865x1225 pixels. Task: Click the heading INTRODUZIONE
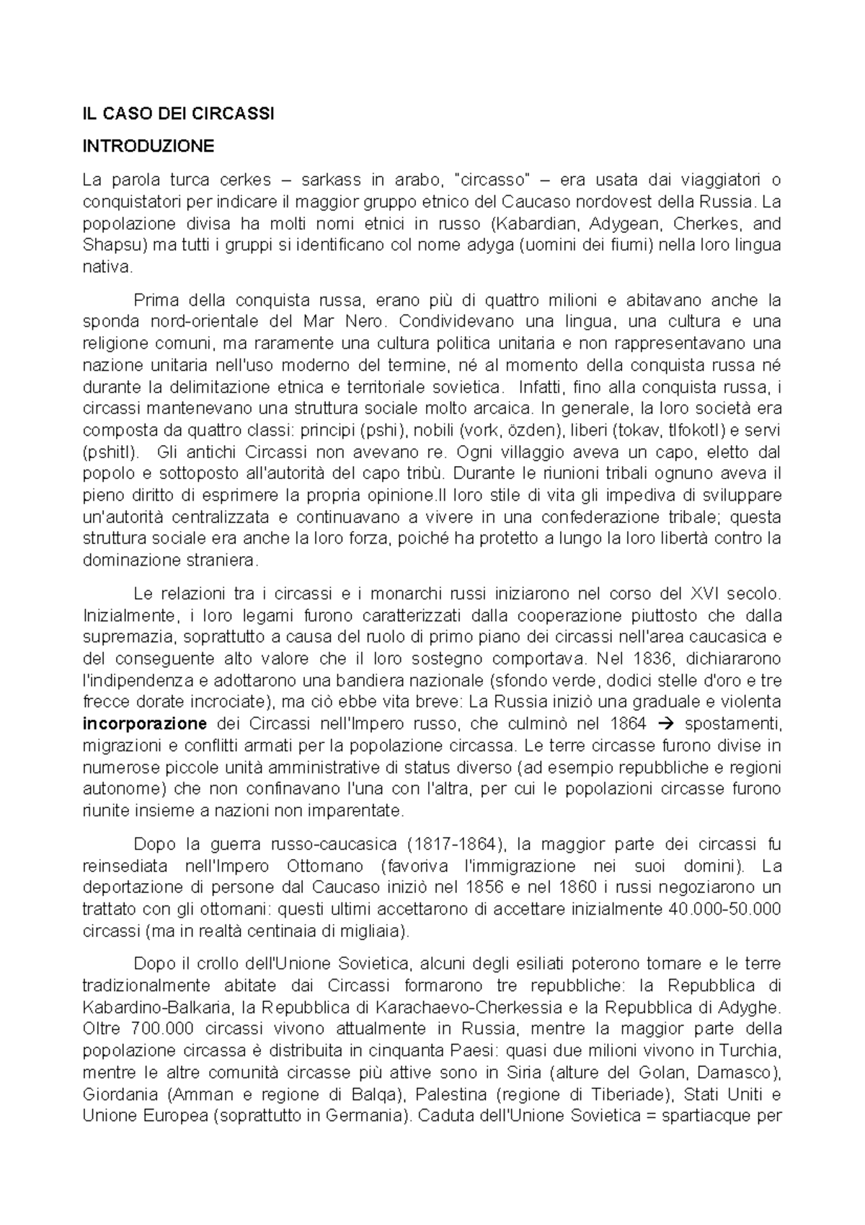148,146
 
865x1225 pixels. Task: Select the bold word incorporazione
145,724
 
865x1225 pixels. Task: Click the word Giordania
120,1094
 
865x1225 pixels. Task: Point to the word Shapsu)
115,245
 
